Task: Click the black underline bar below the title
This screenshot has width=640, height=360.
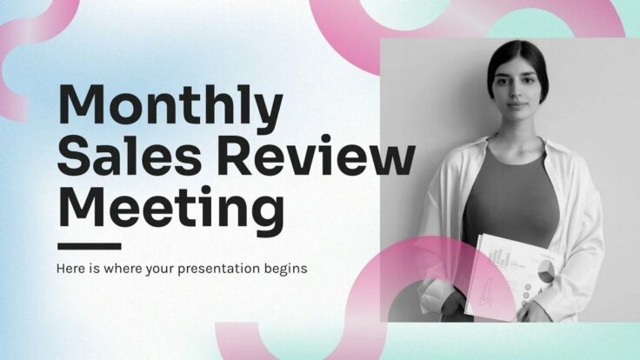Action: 89,246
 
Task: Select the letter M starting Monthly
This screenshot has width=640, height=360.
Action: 83,106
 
